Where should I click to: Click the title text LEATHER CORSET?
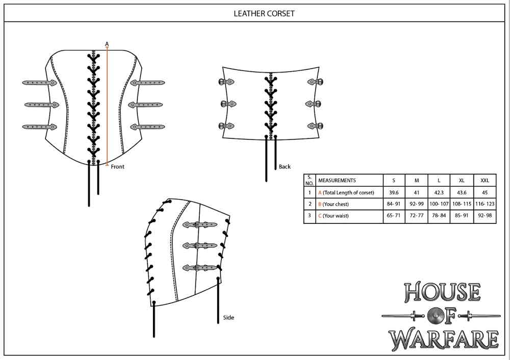click(x=264, y=13)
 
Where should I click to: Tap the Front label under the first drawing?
click(x=117, y=166)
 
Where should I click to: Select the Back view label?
click(x=285, y=167)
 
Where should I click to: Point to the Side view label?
click(x=228, y=318)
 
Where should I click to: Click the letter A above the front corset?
click(x=107, y=44)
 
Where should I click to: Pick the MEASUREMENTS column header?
click(x=337, y=181)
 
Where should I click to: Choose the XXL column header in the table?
click(x=484, y=181)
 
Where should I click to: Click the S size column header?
click(x=394, y=181)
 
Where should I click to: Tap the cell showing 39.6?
click(x=394, y=193)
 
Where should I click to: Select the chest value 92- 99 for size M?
click(x=417, y=204)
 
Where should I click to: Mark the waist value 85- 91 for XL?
click(x=462, y=216)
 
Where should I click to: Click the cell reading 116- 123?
click(x=484, y=204)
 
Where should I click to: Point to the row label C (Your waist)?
click(x=338, y=216)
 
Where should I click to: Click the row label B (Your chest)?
click(x=338, y=204)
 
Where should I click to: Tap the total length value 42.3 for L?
click(x=439, y=193)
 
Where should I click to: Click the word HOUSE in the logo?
click(x=442, y=292)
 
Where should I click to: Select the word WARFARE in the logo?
click(x=443, y=339)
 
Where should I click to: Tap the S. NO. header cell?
click(x=309, y=180)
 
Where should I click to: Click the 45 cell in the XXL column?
click(x=484, y=193)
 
